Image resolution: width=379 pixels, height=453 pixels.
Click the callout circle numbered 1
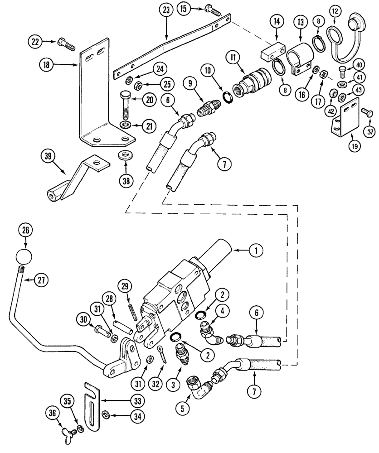(x=256, y=250)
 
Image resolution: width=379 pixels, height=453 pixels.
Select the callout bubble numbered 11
(x=233, y=58)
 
